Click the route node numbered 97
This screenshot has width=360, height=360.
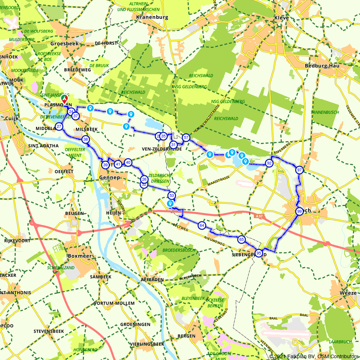pyautogui.click(x=299, y=170)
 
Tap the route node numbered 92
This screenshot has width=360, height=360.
pyautogui.click(x=269, y=163)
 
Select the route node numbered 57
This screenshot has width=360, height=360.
pyautogui.click(x=186, y=138)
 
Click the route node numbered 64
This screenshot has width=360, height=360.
pyautogui.click(x=202, y=226)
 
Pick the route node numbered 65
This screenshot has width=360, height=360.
pyautogui.click(x=242, y=239)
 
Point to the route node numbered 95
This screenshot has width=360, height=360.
pyautogui.click(x=258, y=253)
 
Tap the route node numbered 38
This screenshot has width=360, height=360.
pyautogui.click(x=85, y=139)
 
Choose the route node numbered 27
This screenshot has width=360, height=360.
pyautogui.click(x=59, y=127)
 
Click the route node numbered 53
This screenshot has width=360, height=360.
pyautogui.click(x=171, y=195)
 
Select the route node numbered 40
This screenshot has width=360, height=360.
pyautogui.click(x=128, y=162)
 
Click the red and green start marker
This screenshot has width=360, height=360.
pyautogui.click(x=64, y=99)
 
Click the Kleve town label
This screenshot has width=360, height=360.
pyautogui.click(x=281, y=17)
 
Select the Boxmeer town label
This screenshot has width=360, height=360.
pyautogui.click(x=80, y=256)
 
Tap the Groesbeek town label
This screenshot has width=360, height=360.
pyautogui.click(x=64, y=43)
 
